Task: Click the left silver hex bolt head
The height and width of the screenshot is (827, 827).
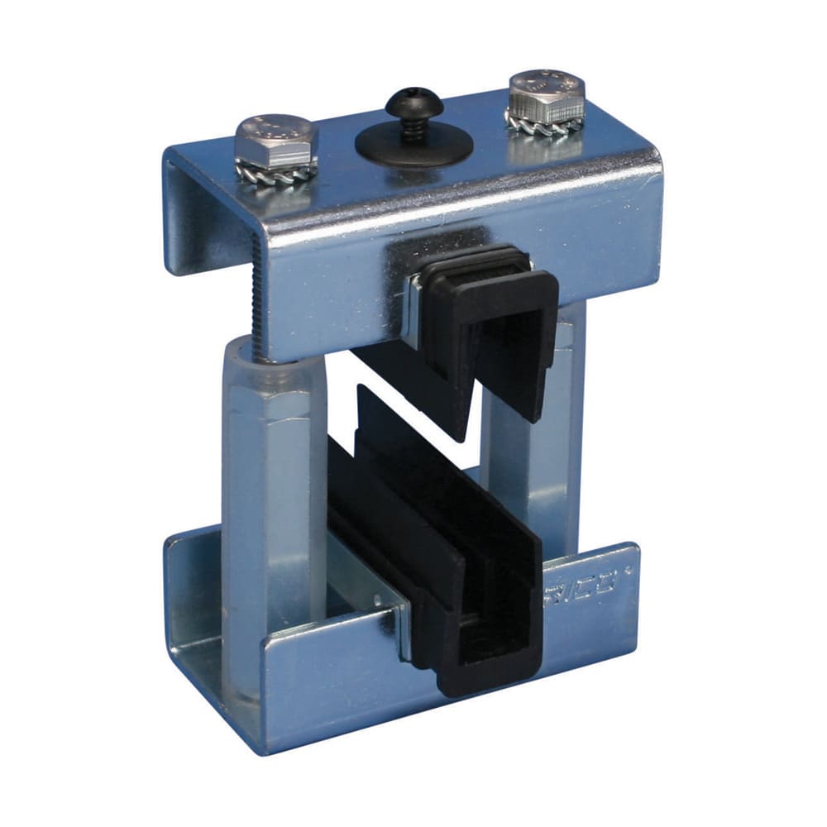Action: pyautogui.click(x=275, y=142)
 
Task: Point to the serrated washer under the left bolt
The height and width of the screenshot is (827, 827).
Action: pyautogui.click(x=277, y=174)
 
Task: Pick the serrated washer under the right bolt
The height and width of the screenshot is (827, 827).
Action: pyautogui.click(x=546, y=124)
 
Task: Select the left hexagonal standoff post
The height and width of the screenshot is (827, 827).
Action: pyautogui.click(x=273, y=496)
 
